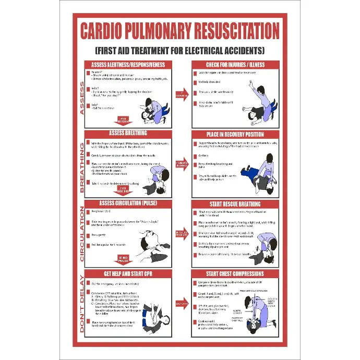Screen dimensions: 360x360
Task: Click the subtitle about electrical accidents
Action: [x=180, y=51]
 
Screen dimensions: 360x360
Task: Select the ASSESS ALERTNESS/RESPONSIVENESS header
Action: [x=128, y=65]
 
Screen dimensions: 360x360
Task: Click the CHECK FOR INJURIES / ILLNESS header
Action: [x=235, y=65]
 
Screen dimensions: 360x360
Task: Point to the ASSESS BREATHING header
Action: [x=128, y=133]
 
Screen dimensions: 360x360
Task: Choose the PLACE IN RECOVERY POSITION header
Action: [x=235, y=134]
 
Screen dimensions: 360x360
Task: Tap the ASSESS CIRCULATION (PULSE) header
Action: [x=128, y=203]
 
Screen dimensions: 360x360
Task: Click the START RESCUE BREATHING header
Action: [x=235, y=203]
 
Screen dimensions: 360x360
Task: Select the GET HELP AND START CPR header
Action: [x=128, y=273]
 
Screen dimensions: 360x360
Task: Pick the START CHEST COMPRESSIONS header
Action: [x=235, y=273]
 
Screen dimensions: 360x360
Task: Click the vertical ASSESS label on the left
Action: [x=81, y=98]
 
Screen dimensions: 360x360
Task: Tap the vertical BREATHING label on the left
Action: [x=81, y=168]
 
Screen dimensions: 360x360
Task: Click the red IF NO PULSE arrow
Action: [x=124, y=259]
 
